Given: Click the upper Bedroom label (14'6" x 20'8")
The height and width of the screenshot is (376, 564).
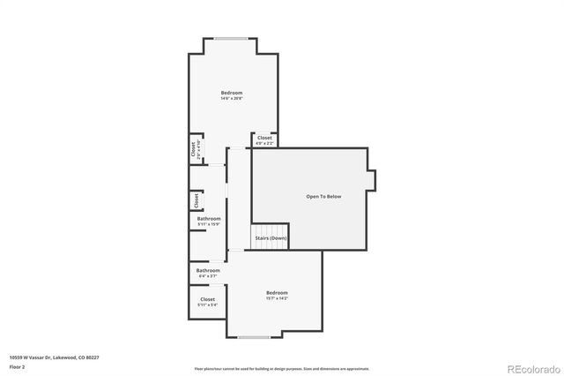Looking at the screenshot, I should click(232, 93).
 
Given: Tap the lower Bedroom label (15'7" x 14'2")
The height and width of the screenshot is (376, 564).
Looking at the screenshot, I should click(277, 292).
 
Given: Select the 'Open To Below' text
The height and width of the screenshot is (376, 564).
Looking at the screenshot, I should click(323, 196).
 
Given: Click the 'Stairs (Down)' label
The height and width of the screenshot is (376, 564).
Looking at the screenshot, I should click(271, 238).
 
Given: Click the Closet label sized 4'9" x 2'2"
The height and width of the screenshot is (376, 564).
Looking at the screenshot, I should click(264, 139).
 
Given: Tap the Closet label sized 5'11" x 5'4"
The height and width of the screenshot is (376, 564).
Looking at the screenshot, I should click(208, 299).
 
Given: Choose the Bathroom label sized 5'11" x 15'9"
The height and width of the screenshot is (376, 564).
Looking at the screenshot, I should click(209, 219).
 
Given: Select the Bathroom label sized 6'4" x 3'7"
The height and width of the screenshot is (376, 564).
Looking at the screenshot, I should click(208, 271).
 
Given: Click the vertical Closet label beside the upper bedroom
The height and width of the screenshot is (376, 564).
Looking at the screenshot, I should click(195, 149).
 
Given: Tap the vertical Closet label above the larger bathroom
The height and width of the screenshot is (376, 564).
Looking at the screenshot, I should click(195, 201).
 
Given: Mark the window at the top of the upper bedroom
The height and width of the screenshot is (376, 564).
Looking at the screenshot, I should click(232, 38).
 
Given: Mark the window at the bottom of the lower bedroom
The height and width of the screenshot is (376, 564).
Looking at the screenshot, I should click(254, 338).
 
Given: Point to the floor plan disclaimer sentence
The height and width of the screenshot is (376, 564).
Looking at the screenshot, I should click(281, 369).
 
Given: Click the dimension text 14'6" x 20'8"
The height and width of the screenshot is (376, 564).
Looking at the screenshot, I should click(232, 98).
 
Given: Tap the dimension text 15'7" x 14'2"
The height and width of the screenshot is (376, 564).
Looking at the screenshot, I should click(277, 298).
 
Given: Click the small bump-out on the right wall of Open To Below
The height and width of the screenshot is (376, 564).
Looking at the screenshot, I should click(373, 179).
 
